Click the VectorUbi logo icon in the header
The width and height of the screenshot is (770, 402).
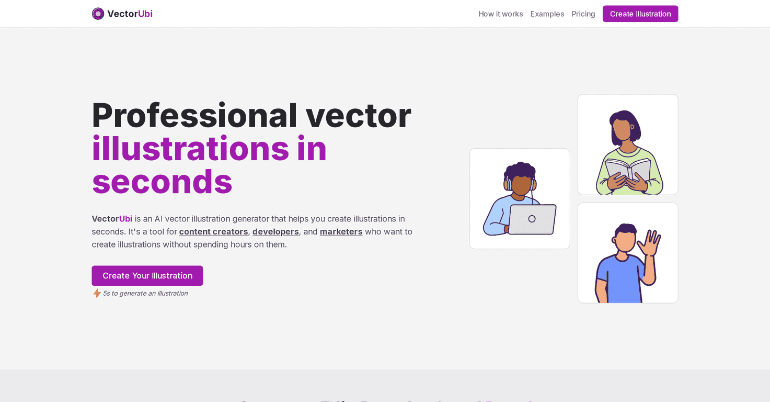pos(98,14)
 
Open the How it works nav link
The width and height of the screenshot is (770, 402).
pos(500,14)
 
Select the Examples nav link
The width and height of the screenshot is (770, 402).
pos(547,14)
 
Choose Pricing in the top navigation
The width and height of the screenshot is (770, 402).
pos(583,14)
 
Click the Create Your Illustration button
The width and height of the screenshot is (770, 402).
pos(147,276)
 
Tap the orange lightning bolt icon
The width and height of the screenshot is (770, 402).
pos(97,293)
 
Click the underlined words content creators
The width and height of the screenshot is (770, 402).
pos(213,231)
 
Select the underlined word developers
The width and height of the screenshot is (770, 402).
pos(275,231)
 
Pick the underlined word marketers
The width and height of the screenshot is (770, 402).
pos(341,231)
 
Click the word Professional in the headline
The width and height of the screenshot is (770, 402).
pos(194,115)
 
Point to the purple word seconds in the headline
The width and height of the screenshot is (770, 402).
pos(162,181)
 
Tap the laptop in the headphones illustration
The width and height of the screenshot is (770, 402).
pos(532,219)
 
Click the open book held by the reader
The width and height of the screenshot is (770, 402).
pos(628,169)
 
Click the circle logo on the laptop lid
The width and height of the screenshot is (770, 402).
pos(532,219)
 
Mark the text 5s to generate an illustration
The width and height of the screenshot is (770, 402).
pos(145,293)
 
